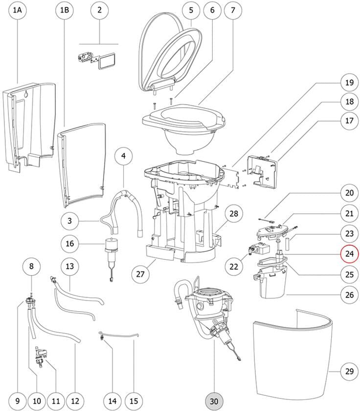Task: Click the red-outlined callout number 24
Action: tap(349, 253)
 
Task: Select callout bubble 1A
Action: tap(18, 10)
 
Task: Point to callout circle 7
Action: tap(233, 10)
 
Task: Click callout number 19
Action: tap(349, 83)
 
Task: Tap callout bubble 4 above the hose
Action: tap(123, 156)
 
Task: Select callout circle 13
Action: tap(70, 266)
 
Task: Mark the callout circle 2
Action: tap(99, 10)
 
